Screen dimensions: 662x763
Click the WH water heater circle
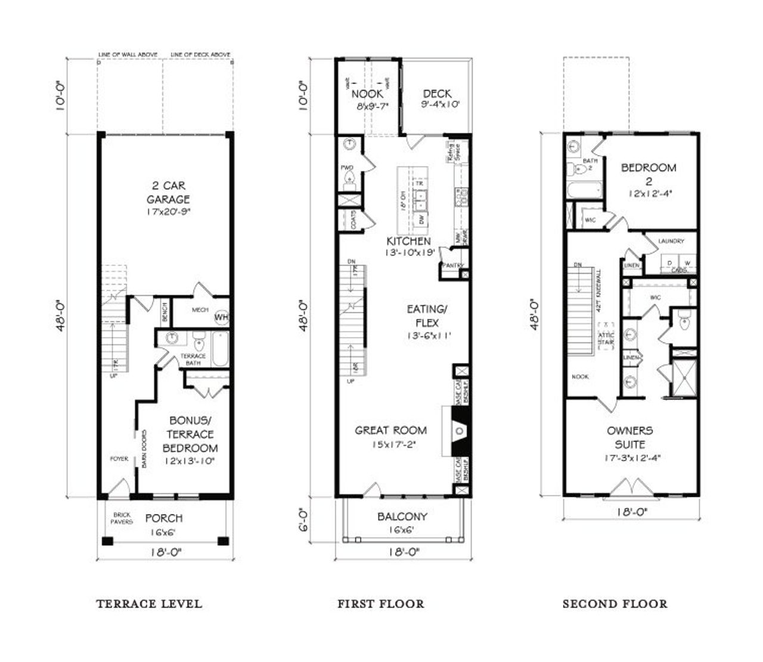[221, 317]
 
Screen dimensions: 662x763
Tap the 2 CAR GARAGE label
[168, 193]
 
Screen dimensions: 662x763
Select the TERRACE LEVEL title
[149, 604]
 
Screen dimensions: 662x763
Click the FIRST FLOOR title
[381, 604]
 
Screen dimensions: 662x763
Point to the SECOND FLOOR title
[615, 604]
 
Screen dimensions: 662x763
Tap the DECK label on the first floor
[437, 94]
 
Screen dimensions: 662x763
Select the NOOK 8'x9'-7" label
[368, 100]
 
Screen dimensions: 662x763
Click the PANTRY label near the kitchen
[451, 265]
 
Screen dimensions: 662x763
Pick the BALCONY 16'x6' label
[402, 522]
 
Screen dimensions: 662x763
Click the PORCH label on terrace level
[163, 518]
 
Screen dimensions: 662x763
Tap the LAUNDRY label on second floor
[671, 241]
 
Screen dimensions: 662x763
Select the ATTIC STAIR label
[606, 339]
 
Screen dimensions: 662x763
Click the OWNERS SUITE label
[629, 437]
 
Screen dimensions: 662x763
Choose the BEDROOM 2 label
[649, 174]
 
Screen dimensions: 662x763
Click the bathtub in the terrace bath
[219, 349]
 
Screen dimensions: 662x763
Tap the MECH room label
[200, 310]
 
